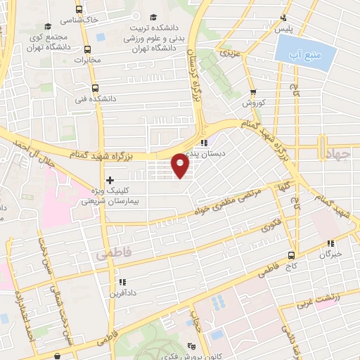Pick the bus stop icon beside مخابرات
click(x=87, y=50)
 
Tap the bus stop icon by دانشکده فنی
click(x=87, y=90)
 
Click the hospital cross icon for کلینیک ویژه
click(x=110, y=180)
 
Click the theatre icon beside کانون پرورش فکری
click(x=192, y=346)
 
